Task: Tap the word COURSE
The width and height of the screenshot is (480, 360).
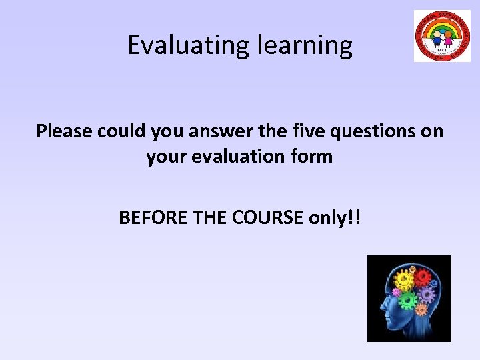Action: [269, 217]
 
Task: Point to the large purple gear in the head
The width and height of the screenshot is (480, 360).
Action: [428, 293]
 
